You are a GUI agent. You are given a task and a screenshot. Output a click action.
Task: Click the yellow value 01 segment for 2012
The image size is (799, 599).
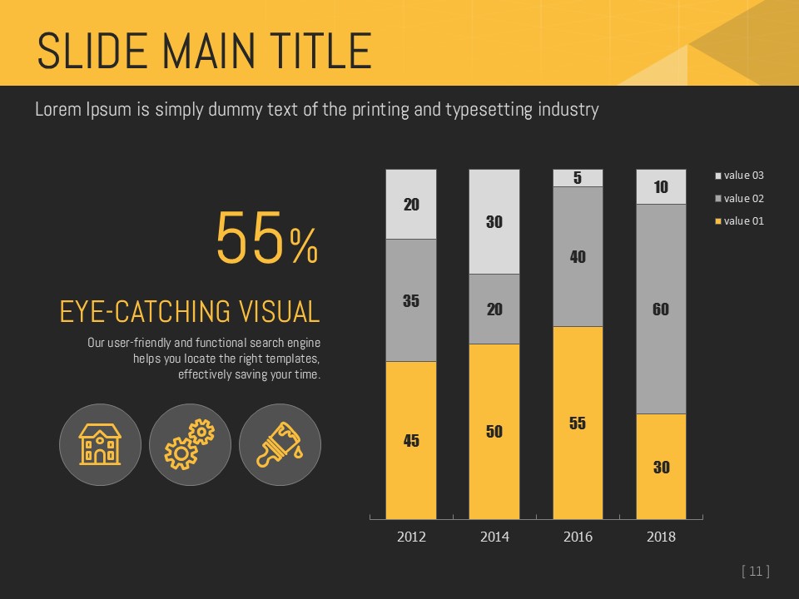click(x=411, y=440)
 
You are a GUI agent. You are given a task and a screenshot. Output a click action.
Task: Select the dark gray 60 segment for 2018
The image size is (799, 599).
click(x=661, y=309)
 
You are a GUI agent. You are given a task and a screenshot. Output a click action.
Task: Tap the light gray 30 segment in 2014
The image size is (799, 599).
click(x=494, y=221)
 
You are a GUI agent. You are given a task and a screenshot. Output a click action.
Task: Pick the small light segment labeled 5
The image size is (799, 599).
click(x=578, y=177)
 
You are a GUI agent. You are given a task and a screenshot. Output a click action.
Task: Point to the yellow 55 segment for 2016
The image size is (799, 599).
click(x=578, y=423)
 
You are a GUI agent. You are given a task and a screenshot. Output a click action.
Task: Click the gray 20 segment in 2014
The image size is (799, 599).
click(x=494, y=309)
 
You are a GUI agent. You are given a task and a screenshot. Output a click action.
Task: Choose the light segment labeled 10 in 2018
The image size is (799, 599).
click(x=661, y=186)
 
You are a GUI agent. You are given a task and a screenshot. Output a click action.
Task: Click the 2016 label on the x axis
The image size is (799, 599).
click(x=578, y=537)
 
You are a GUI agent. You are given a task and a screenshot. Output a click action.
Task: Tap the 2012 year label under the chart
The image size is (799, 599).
click(x=411, y=537)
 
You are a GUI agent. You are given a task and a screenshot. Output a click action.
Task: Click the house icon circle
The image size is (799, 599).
click(x=100, y=444)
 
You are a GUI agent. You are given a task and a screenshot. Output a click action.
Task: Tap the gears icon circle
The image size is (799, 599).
click(x=190, y=444)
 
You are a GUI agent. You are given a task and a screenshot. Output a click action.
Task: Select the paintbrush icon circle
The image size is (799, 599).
click(x=280, y=444)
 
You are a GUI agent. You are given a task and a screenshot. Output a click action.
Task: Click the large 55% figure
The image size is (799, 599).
click(x=266, y=238)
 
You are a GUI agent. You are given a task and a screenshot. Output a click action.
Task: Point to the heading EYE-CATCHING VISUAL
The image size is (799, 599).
click(x=190, y=312)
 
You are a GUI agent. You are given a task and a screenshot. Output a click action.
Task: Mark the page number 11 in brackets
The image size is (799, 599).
click(x=755, y=571)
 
